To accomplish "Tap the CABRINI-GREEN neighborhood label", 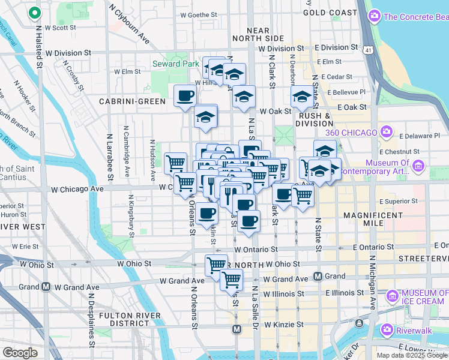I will point(132,101).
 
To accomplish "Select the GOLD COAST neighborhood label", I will point(330,12).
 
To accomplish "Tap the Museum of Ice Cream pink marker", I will point(393,295).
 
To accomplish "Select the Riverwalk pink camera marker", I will point(387,329).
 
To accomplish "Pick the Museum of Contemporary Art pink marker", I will point(419,164).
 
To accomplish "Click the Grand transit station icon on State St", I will point(319,277).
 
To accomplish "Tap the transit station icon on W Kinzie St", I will point(237,329).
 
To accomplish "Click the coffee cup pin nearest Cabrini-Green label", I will point(185,95).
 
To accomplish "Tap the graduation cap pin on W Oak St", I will point(244,96).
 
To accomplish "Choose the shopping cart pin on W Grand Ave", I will point(231,278).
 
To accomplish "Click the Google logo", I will point(20,353).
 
